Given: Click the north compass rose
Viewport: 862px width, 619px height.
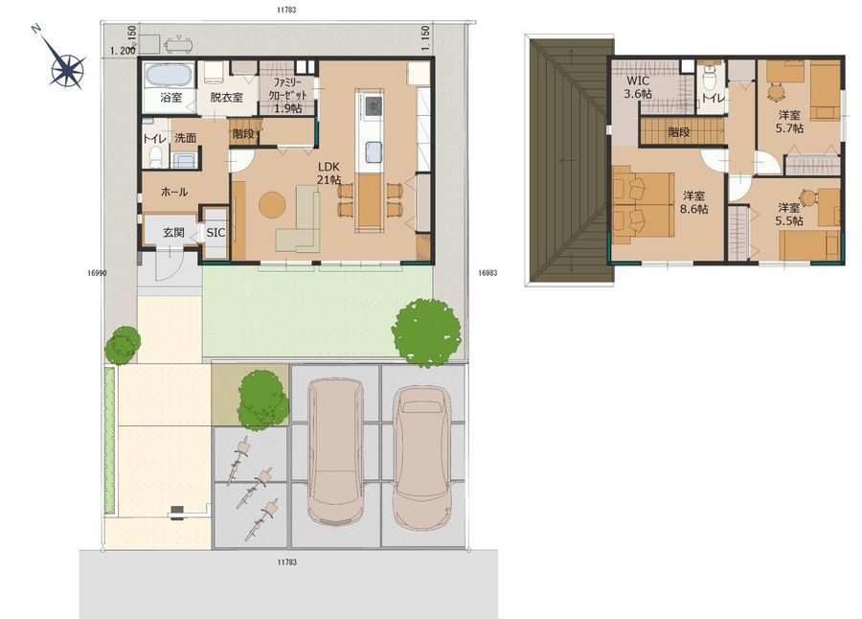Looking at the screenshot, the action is [68, 68].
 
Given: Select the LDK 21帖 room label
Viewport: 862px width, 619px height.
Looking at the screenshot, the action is [329, 173].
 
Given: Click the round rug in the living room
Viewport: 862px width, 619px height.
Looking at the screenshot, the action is [272, 204].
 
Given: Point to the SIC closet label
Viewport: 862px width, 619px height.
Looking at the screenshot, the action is [215, 233].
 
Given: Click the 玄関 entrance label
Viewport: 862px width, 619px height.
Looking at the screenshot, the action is [173, 233].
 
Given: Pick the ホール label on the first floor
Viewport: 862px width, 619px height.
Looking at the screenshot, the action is [174, 192].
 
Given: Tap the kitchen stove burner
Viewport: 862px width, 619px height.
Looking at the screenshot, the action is [374, 104].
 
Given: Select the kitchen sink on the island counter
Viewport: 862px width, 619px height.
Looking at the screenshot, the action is [374, 152].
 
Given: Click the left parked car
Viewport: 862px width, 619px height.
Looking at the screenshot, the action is [335, 451].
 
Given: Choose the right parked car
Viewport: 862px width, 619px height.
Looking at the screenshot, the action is [422, 458].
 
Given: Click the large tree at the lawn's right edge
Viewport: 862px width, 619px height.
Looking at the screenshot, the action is [426, 332].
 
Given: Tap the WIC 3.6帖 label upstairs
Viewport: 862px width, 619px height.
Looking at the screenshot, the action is [638, 87].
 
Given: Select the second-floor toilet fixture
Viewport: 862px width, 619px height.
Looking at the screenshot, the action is [710, 80].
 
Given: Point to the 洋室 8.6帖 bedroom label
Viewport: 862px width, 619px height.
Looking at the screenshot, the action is [693, 202].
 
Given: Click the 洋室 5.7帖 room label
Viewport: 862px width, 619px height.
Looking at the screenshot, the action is [789, 122].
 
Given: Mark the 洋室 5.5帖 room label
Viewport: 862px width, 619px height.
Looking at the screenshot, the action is [789, 214].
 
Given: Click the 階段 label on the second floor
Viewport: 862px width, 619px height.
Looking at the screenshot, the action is [679, 132].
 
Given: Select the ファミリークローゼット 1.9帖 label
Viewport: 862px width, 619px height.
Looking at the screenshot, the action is [287, 95].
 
